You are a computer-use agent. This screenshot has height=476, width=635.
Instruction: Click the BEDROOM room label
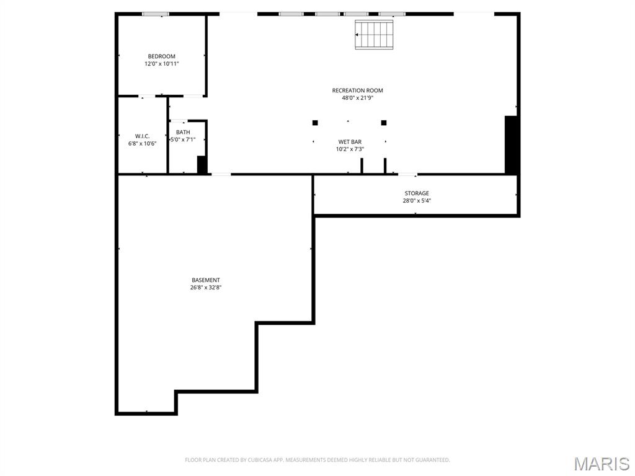click(x=161, y=56)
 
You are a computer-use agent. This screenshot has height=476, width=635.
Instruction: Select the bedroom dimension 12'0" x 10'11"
click(x=161, y=64)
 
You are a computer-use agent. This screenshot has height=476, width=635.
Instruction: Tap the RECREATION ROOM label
click(x=357, y=90)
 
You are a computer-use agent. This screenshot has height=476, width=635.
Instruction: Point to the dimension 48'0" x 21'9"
click(x=357, y=98)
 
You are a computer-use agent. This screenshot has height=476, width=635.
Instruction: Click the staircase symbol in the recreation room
click(x=375, y=34)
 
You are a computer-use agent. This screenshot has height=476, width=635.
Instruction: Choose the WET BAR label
click(x=350, y=142)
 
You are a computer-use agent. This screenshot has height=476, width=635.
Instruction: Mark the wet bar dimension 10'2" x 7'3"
click(x=350, y=149)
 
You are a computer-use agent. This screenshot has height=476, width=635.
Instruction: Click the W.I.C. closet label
click(x=142, y=136)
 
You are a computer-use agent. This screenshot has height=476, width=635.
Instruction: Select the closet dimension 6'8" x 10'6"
click(x=142, y=144)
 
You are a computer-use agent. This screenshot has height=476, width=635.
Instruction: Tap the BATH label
click(x=183, y=132)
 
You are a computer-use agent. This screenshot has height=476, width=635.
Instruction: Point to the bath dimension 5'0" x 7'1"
click(x=183, y=139)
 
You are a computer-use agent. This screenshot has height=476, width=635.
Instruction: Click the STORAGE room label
click(x=417, y=193)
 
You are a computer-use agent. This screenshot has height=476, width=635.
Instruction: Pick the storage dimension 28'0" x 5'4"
click(x=417, y=201)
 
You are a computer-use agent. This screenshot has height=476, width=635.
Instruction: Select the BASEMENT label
click(x=205, y=280)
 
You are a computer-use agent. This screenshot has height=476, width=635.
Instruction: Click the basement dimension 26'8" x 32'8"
click(x=205, y=288)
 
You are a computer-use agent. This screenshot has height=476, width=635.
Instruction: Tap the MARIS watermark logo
click(x=601, y=464)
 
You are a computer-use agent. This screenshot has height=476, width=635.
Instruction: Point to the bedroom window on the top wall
click(x=155, y=14)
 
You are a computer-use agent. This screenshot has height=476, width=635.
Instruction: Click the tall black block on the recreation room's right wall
click(x=511, y=144)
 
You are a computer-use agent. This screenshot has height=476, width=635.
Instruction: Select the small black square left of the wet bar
click(x=315, y=123)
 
